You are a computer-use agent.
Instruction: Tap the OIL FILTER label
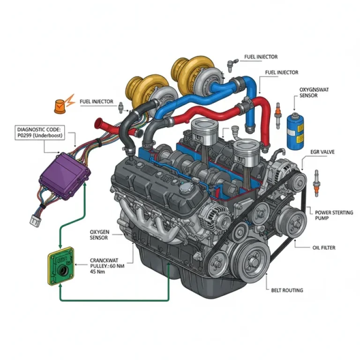click(323, 247)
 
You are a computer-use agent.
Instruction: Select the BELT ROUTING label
click(287, 290)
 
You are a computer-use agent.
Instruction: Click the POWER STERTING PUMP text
click(334, 216)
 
